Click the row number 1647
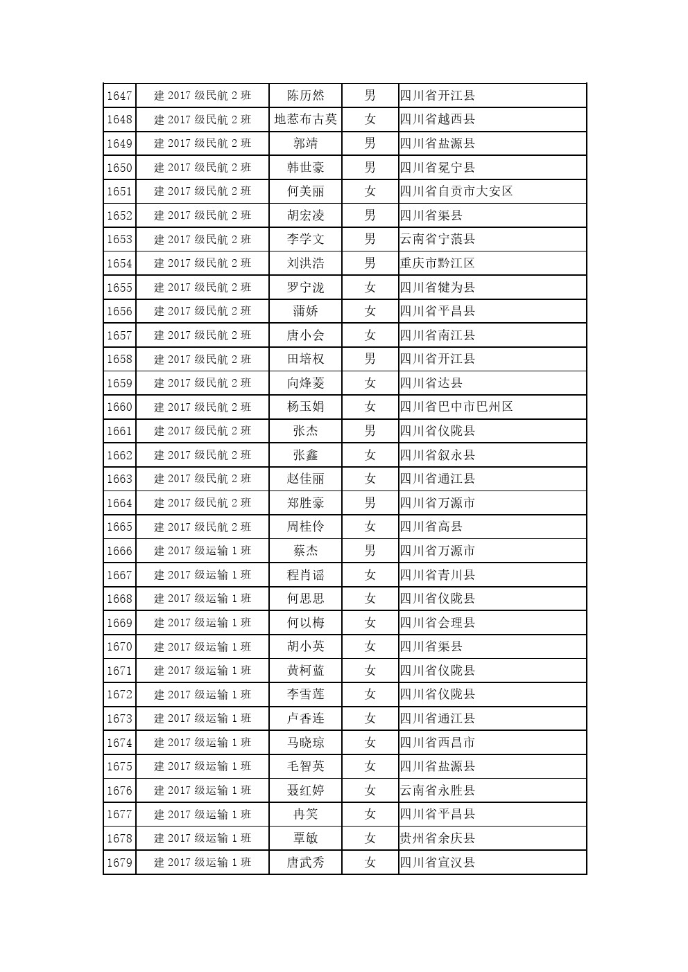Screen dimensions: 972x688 119,96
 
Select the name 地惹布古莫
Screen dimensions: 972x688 305,119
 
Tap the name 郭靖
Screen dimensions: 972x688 305,143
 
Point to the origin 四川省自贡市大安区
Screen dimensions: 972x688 456,191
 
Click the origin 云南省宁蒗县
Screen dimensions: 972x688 438,239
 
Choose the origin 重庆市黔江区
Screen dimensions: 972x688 438,263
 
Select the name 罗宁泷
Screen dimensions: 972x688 305,288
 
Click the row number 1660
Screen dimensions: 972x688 119,407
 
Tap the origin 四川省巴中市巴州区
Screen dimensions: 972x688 456,407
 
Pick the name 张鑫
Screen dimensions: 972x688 305,455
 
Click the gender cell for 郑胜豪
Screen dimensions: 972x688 370,503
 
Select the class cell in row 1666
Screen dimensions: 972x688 203,551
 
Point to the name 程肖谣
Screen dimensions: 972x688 305,575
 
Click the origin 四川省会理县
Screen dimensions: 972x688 438,623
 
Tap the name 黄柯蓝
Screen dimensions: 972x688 305,671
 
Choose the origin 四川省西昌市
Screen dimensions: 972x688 438,743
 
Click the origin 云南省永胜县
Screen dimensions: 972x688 438,790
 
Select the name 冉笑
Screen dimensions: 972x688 305,815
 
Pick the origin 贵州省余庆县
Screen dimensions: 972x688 438,838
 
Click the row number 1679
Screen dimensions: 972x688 119,863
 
